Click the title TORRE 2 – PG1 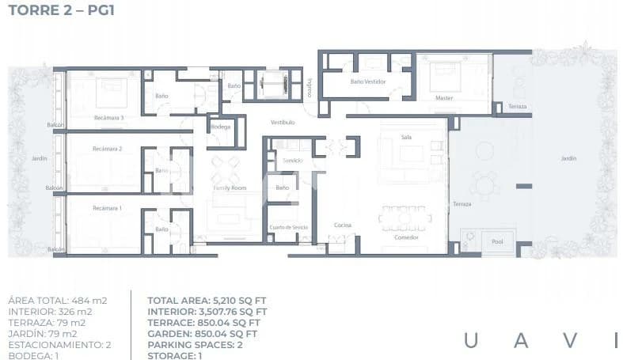click(x=59, y=13)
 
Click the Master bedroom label click(x=444, y=98)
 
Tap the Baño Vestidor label click(x=367, y=81)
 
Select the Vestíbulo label click(x=283, y=123)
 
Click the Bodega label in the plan click(x=221, y=127)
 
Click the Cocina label click(x=342, y=225)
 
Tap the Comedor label click(x=405, y=237)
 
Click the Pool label click(x=498, y=243)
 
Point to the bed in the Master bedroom click(x=444, y=76)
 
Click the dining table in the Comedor click(x=405, y=218)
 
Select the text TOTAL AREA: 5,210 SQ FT click(x=203, y=301)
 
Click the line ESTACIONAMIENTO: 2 click(x=59, y=345)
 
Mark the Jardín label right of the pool click(x=568, y=159)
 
